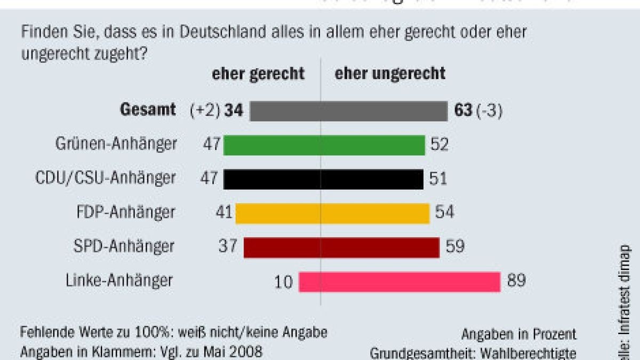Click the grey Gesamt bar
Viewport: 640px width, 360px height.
click(349, 111)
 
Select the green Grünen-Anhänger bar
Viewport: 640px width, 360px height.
click(324, 145)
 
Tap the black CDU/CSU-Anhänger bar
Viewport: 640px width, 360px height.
click(323, 179)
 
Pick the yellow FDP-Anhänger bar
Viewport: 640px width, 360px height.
click(332, 213)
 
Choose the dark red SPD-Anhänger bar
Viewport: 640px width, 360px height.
click(341, 247)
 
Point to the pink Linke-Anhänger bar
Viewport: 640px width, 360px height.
click(399, 282)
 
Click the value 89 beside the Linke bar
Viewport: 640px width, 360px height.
click(516, 281)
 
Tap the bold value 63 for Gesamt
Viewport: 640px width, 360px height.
click(463, 111)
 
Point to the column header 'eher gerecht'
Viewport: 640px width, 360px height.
click(258, 74)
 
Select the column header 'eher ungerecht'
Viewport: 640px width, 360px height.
click(390, 74)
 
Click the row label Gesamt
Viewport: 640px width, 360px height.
click(148, 110)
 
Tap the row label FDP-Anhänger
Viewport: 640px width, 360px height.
click(126, 212)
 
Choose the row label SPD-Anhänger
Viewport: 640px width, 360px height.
click(124, 246)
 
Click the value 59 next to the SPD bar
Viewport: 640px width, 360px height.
click(454, 246)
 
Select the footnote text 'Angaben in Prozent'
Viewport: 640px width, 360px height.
click(519, 334)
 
